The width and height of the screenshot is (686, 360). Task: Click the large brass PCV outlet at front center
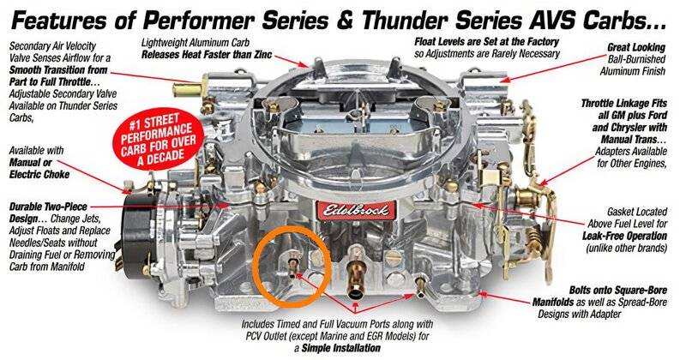point(355,277)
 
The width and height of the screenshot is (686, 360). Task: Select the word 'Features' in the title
point(58,21)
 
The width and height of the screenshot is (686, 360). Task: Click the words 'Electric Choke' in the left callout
point(39,175)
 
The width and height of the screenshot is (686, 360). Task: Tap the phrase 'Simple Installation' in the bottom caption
point(341,348)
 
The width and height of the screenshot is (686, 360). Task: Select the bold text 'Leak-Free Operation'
point(625,237)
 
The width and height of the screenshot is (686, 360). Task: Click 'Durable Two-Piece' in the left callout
point(48,207)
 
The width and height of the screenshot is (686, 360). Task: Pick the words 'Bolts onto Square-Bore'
point(618,290)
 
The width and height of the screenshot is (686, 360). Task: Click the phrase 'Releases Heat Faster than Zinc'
point(207,55)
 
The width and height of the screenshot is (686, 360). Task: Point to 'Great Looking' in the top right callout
point(636,47)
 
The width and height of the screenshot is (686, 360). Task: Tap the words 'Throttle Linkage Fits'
point(624,104)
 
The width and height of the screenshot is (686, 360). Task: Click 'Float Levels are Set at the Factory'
point(487,41)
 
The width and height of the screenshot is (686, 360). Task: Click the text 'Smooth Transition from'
point(58,69)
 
